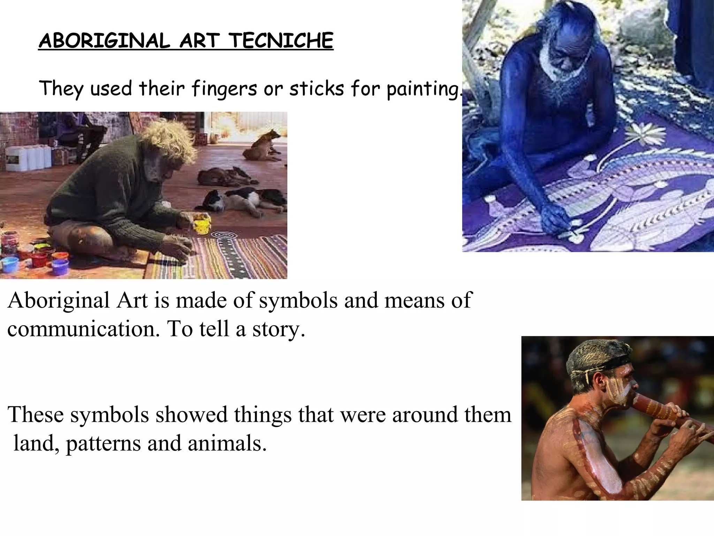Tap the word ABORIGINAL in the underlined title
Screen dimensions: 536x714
point(104,41)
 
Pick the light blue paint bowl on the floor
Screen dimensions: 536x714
point(10,264)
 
